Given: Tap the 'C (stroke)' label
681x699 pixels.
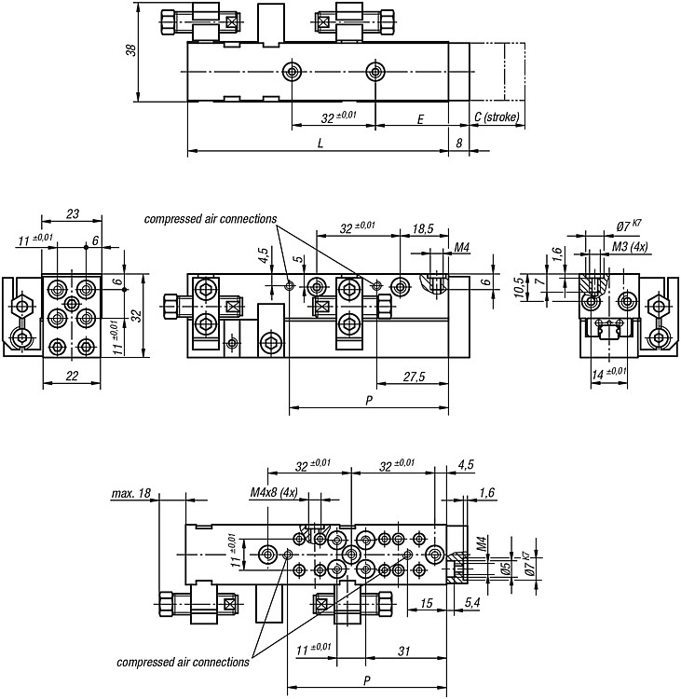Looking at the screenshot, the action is (x=497, y=117).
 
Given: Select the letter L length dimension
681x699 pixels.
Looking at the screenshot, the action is (x=320, y=144).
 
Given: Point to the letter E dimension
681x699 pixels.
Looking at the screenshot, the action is (x=420, y=119).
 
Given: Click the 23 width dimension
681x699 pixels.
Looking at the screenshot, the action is (x=73, y=214).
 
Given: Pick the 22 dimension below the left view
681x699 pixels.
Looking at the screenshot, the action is (x=72, y=376).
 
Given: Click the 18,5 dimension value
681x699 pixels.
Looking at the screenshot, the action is (x=423, y=228).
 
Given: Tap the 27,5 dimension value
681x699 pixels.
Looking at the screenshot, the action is (x=414, y=377).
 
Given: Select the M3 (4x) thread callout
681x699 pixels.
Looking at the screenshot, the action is (x=630, y=247).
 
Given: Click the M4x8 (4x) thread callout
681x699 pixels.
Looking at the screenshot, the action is (x=274, y=493).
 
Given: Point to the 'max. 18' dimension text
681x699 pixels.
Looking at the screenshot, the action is (x=131, y=493).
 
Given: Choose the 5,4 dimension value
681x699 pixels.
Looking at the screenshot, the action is (x=472, y=603).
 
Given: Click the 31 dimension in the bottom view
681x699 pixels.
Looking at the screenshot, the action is (x=403, y=651).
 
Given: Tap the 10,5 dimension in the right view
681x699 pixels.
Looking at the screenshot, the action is (x=519, y=288).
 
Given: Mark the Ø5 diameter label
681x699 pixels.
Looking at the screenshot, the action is (x=505, y=567).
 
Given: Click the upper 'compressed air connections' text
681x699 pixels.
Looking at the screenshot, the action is (x=211, y=219).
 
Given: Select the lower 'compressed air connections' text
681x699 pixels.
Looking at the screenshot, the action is (x=183, y=663).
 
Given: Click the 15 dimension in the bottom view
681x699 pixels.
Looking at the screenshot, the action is (x=427, y=603).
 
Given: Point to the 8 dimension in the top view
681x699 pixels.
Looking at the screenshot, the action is (x=458, y=144).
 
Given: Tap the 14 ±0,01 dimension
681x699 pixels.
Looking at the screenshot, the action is (x=608, y=373).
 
